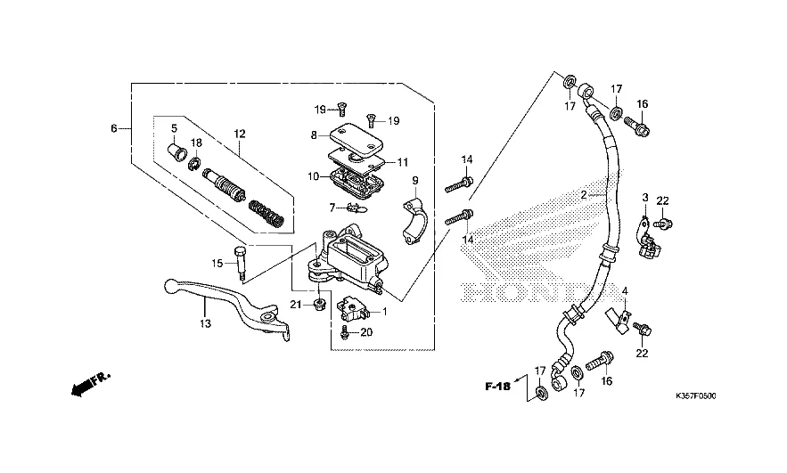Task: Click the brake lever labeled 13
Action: [x=223, y=298]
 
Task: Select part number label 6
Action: [x=114, y=128]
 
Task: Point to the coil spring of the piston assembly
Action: [x=266, y=212]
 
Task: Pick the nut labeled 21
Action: [x=319, y=307]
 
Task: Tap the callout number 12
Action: [x=239, y=134]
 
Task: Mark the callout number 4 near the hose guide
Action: [x=625, y=291]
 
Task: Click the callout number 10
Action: [x=314, y=176]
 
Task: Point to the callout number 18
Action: [x=197, y=143]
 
